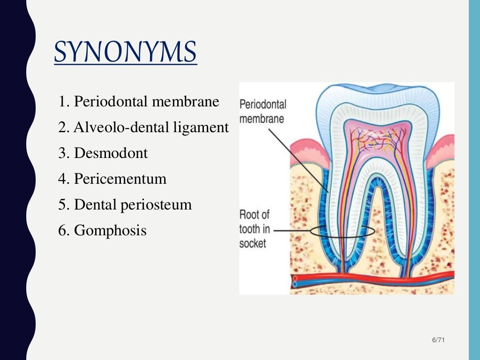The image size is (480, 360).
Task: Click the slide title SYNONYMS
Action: [x=125, y=52]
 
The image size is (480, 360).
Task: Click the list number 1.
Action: [x=62, y=102]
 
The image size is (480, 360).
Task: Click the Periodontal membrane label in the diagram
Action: [x=262, y=111]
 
